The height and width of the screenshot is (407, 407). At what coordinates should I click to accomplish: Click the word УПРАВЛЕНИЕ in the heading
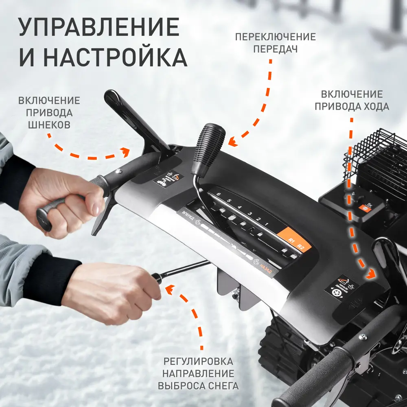(99, 28)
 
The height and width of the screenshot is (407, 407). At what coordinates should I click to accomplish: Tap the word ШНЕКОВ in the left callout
(49, 125)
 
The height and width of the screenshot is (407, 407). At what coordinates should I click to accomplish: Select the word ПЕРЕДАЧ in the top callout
(275, 49)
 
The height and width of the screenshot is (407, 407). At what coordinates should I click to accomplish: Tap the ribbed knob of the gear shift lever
(209, 144)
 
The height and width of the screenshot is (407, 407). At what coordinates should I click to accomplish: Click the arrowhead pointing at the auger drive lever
(125, 152)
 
